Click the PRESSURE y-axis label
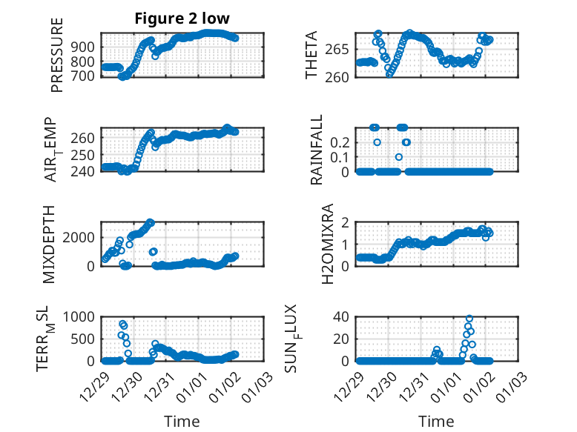57,55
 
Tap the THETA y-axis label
311,55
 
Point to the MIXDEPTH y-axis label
50,244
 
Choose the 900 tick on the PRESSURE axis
83,47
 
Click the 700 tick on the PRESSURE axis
83,76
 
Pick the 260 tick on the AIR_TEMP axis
83,139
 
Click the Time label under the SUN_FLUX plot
436,421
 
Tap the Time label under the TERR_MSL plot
182,421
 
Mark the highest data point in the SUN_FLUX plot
469,319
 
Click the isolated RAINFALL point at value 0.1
399,157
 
